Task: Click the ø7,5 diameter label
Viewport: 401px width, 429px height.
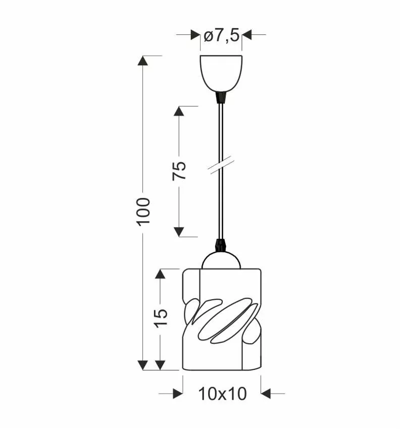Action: coord(221,36)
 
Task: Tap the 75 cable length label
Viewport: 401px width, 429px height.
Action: coord(179,171)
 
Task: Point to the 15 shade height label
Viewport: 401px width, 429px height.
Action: coord(161,317)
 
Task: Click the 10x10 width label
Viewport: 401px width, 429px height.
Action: coord(222,394)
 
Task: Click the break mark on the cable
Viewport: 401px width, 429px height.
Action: coord(221,167)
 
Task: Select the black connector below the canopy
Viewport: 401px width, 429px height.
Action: coord(220,96)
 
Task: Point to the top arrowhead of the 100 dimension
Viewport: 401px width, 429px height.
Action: coord(143,60)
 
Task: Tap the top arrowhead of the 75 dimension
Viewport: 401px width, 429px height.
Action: coord(179,111)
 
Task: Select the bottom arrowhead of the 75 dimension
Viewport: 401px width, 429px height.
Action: coord(179,232)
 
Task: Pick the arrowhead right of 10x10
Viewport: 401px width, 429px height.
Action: coord(266,393)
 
